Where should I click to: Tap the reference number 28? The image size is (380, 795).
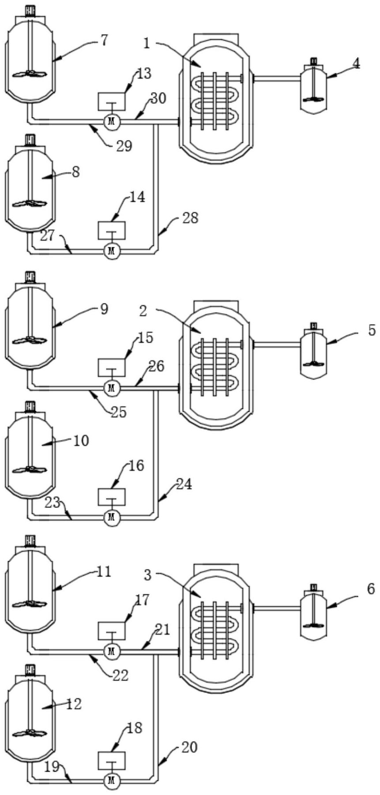click(190, 218)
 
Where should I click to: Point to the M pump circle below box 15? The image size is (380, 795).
click(111, 388)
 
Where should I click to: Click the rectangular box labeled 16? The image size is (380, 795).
click(111, 496)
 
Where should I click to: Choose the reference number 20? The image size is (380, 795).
click(188, 747)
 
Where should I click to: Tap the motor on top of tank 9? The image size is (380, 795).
click(30, 277)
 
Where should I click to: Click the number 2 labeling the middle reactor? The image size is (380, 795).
click(143, 311)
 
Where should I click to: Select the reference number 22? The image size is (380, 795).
click(119, 675)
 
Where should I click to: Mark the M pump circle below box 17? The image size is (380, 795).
click(111, 651)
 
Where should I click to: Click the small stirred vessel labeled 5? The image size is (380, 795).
click(314, 351)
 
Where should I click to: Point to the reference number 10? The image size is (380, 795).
click(81, 440)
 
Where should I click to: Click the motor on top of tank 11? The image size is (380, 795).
click(30, 540)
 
